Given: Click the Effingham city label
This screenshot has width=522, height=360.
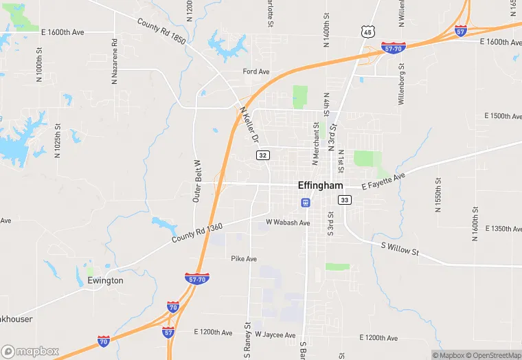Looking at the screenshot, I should pos(321,185).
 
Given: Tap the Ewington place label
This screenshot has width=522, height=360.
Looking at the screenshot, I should pos(105,280).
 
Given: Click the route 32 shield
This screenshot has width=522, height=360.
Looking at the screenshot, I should pos(262,155).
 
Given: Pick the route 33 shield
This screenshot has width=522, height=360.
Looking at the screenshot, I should pos(344,200).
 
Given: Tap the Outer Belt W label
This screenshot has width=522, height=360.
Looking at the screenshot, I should pos(197,181).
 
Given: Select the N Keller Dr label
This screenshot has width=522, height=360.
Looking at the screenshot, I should pos(249,124).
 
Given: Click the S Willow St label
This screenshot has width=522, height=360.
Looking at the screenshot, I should pos(399,249).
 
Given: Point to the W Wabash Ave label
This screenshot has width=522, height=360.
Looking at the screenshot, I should pos(288,223).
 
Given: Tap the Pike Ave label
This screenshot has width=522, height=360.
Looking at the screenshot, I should pos(244,259).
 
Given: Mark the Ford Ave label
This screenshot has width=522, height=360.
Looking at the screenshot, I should pos(256,71).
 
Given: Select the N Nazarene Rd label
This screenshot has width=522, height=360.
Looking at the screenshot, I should pos(115,60).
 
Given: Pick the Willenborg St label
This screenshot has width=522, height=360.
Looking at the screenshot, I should pos(402,84).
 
